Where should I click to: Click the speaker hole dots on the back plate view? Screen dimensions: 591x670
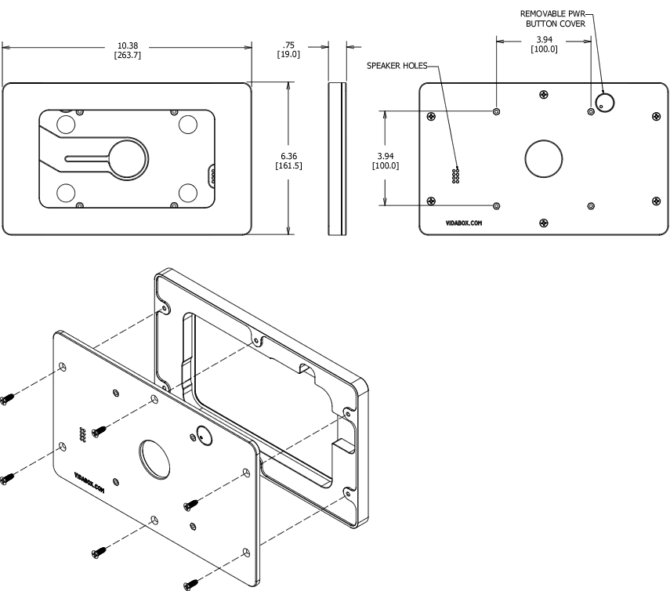click(x=455, y=176)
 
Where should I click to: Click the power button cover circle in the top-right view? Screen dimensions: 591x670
click(x=604, y=103)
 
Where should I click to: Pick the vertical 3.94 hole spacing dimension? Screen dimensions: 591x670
click(x=386, y=161)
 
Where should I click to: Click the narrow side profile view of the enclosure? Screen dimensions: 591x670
click(x=337, y=158)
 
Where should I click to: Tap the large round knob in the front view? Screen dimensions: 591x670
click(x=126, y=158)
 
